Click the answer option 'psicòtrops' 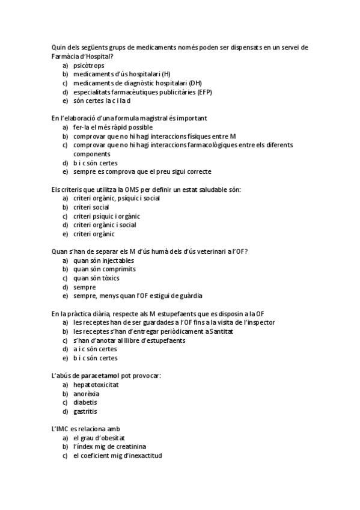(x=88, y=65)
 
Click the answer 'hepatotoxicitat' (x=96, y=384)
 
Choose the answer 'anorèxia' (x=87, y=393)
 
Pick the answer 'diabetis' (x=85, y=402)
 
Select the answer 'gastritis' (x=85, y=411)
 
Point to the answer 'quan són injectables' (x=103, y=260)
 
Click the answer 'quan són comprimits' (x=104, y=269)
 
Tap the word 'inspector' (x=261, y=322)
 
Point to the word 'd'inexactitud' (x=142, y=456)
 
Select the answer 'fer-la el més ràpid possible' (x=113, y=127)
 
